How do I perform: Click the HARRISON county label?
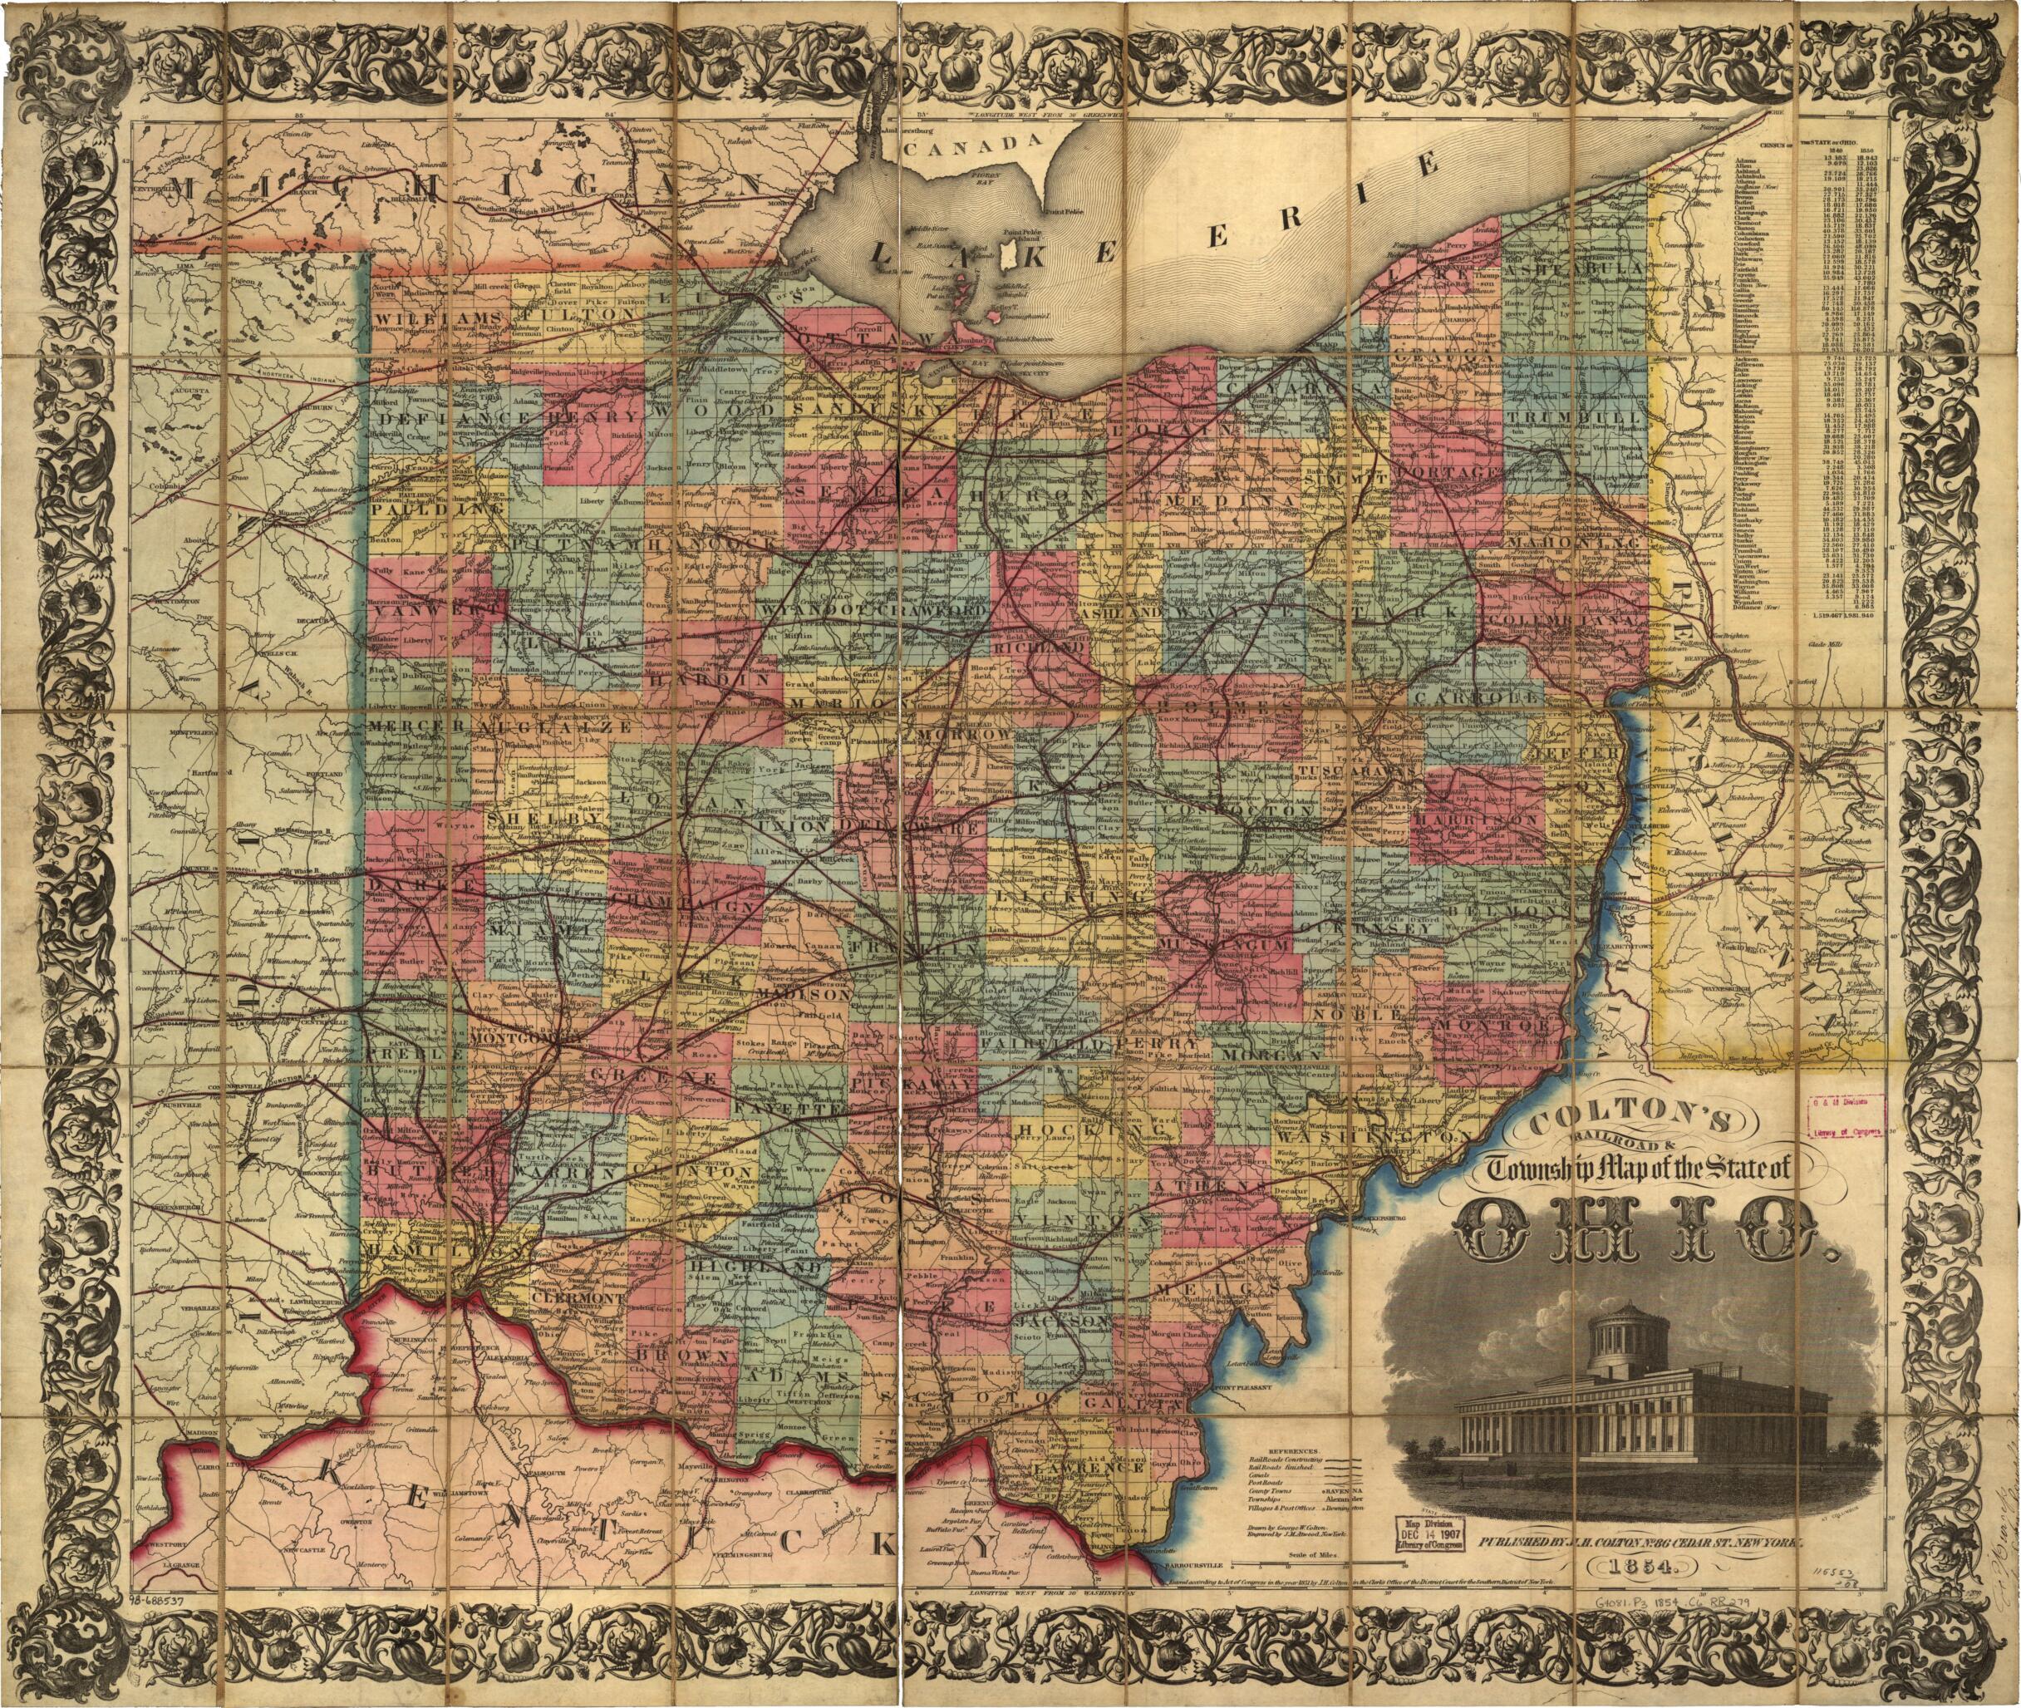[x=1476, y=820]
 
